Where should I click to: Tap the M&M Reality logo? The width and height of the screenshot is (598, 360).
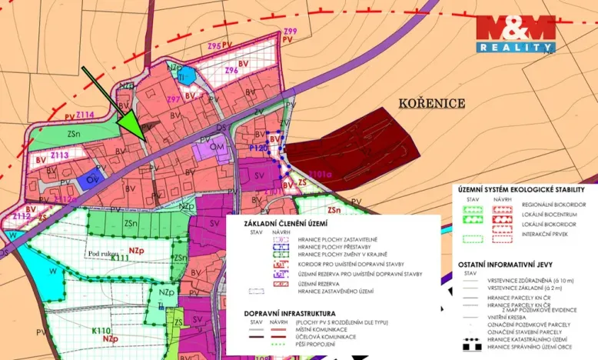515,34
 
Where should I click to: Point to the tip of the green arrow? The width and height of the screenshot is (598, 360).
142,138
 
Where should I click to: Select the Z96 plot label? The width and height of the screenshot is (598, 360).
231,70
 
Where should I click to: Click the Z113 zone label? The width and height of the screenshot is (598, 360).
59,155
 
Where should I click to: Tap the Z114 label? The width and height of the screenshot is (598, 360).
84,115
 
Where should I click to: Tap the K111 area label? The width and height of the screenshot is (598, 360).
119,258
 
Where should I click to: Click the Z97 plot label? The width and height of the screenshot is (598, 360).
174,99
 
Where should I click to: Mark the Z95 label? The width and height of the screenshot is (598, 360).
214,46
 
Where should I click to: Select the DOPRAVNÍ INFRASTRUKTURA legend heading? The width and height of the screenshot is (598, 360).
290,314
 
